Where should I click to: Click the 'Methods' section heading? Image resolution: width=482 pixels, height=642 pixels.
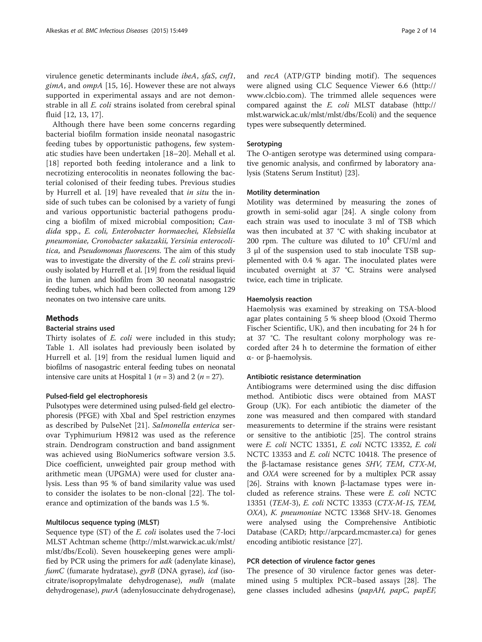click(62, 318)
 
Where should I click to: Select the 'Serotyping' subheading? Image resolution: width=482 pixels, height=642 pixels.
click(264, 144)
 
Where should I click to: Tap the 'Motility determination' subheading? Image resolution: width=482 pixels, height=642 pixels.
click(283, 193)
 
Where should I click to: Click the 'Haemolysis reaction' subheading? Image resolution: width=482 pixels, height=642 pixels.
click(279, 299)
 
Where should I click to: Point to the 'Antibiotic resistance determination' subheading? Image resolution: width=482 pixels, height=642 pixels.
click(304, 377)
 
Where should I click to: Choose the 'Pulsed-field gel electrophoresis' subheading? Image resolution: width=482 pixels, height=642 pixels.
click(97, 396)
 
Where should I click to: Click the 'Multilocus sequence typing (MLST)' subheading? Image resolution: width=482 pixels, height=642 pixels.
click(103, 522)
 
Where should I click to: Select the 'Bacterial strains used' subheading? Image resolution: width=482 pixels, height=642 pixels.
click(80, 328)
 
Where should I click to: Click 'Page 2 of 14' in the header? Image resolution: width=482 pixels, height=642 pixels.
click(419, 31)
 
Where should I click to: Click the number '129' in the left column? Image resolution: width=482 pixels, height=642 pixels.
click(228, 290)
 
